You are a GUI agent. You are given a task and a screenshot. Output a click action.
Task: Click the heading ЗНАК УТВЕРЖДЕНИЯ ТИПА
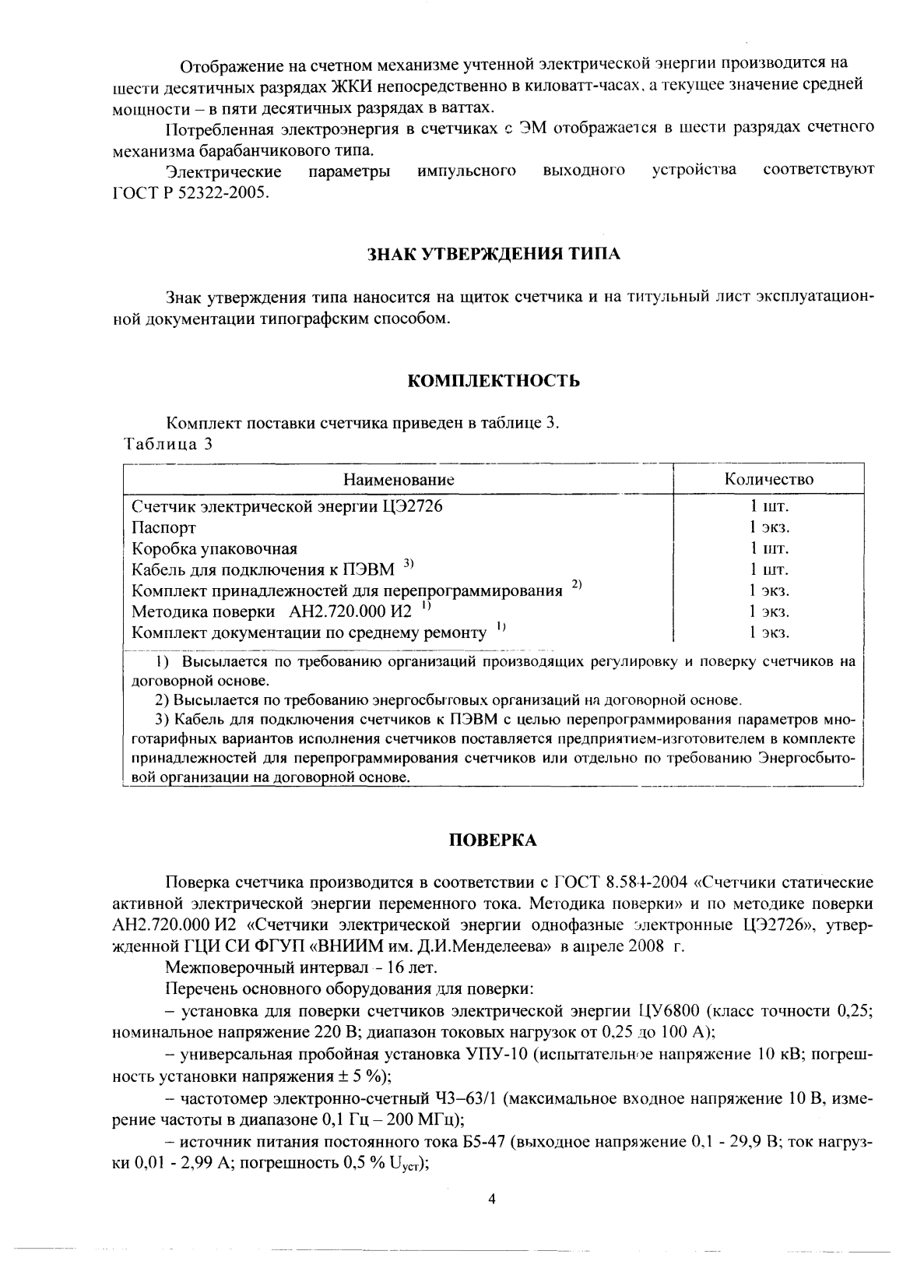(494, 254)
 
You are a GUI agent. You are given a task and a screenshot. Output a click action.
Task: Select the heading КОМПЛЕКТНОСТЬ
(494, 381)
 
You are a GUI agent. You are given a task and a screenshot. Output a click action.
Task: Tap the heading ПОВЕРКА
(494, 840)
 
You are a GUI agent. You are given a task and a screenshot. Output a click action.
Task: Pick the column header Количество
(768, 479)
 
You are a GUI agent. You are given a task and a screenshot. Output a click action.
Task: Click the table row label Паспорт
(163, 527)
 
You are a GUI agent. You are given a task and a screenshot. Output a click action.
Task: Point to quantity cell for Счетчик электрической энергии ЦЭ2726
(769, 506)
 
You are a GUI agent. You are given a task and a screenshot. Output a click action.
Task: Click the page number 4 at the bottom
(491, 1200)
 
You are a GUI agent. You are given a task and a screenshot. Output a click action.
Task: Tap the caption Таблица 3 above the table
(168, 445)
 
